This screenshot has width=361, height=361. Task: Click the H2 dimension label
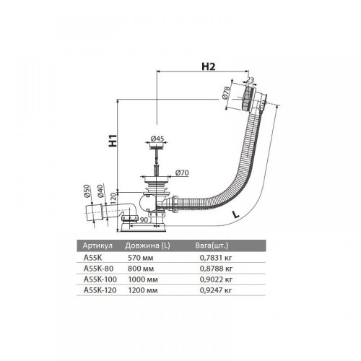pos(209,66)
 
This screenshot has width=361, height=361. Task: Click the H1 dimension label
pos(113,141)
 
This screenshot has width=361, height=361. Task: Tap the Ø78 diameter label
pos(226,93)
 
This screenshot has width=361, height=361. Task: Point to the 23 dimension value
pos(251,80)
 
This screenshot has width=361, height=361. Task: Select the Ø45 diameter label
pos(157,139)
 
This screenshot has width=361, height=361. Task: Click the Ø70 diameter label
pos(182,173)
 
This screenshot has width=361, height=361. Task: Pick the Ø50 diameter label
pos(87,191)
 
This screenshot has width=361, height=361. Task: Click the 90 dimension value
pos(144,219)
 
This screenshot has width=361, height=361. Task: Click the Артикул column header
pos(97,245)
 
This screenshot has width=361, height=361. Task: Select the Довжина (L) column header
pos(147,245)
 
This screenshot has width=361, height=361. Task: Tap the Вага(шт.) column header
pos(212,245)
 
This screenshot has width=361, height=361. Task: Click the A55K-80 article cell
pos(98,269)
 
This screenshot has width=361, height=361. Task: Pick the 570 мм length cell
pos(140,258)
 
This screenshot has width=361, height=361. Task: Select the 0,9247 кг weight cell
pos(216,290)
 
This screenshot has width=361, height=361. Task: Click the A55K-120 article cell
pos(100,290)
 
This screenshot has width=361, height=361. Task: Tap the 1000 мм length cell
pos(143,279)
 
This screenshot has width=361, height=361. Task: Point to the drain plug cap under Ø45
pos(157,146)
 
